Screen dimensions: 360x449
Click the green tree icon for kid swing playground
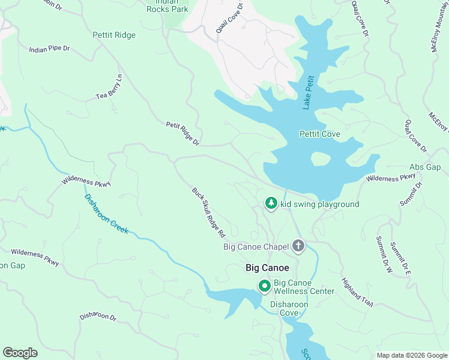pos(271,204)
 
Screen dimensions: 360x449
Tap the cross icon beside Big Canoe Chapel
pos(298,246)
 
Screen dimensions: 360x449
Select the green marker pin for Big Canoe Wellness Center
pos(264,286)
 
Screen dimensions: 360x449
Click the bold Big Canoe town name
pos(268,268)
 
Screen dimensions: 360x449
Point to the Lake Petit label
pos(308,92)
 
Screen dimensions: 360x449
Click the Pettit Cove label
pos(319,134)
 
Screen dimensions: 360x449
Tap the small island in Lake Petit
pos(321,159)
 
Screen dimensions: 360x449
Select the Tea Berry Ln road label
pos(109,88)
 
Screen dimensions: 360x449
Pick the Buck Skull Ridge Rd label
pos(208,211)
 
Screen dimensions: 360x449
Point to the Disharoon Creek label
pos(106,214)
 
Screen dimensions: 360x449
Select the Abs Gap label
pos(425,167)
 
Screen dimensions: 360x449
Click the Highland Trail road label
pos(358,292)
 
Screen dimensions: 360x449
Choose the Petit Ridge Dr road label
pos(182,133)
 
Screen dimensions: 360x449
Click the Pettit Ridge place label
pos(114,35)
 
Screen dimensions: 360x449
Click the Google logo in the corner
pos(20,352)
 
